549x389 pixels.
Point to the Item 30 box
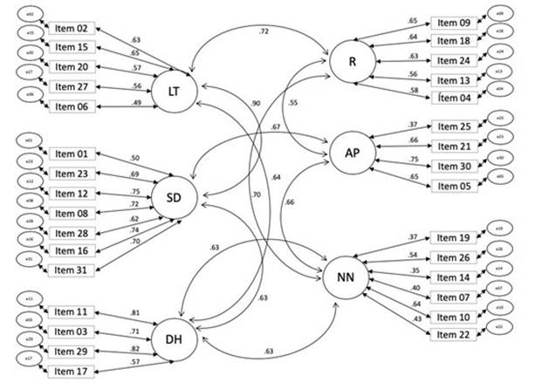[x=452, y=166]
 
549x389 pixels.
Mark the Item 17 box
[x=71, y=371]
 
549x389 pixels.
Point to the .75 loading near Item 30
[x=414, y=160]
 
